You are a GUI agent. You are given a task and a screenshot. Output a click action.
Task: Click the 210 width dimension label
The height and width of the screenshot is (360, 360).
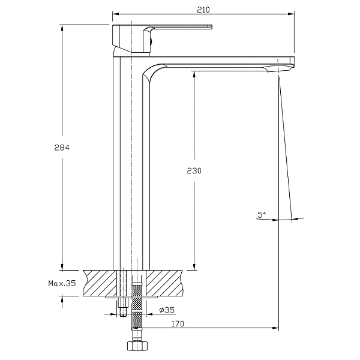pos(203,10)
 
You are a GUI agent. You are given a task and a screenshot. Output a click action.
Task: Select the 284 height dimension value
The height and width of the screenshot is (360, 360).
pos(62,148)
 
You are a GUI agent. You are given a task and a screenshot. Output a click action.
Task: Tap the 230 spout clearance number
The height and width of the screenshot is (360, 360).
pos(194,170)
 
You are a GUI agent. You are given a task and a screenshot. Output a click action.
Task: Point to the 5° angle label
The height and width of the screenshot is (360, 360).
pos(262,215)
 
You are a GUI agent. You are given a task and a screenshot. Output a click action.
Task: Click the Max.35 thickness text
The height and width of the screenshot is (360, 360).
pos(62,283)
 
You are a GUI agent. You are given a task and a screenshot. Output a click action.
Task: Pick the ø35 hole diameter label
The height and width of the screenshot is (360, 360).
pos(167,310)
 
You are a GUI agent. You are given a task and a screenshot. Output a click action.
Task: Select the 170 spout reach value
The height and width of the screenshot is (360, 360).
pos(178,324)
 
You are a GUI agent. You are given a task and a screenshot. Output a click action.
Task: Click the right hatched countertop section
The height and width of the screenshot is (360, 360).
pos(164,283)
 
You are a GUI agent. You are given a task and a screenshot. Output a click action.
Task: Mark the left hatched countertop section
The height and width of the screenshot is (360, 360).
pos(100,283)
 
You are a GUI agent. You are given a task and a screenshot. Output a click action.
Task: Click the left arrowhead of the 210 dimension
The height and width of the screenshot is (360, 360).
pos(115,14)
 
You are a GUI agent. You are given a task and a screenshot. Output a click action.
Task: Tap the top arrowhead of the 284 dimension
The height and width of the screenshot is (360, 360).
pos(62,28)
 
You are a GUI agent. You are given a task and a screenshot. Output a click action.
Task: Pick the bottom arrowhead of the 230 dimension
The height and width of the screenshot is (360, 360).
pos(194,267)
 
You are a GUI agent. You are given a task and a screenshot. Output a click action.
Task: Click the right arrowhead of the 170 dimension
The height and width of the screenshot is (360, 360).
pos(275,328)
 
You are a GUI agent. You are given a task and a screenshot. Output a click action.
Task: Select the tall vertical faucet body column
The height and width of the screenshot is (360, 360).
pos(131,163)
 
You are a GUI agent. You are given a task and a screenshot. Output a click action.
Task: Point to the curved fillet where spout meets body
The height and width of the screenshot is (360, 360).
pos(154,71)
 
